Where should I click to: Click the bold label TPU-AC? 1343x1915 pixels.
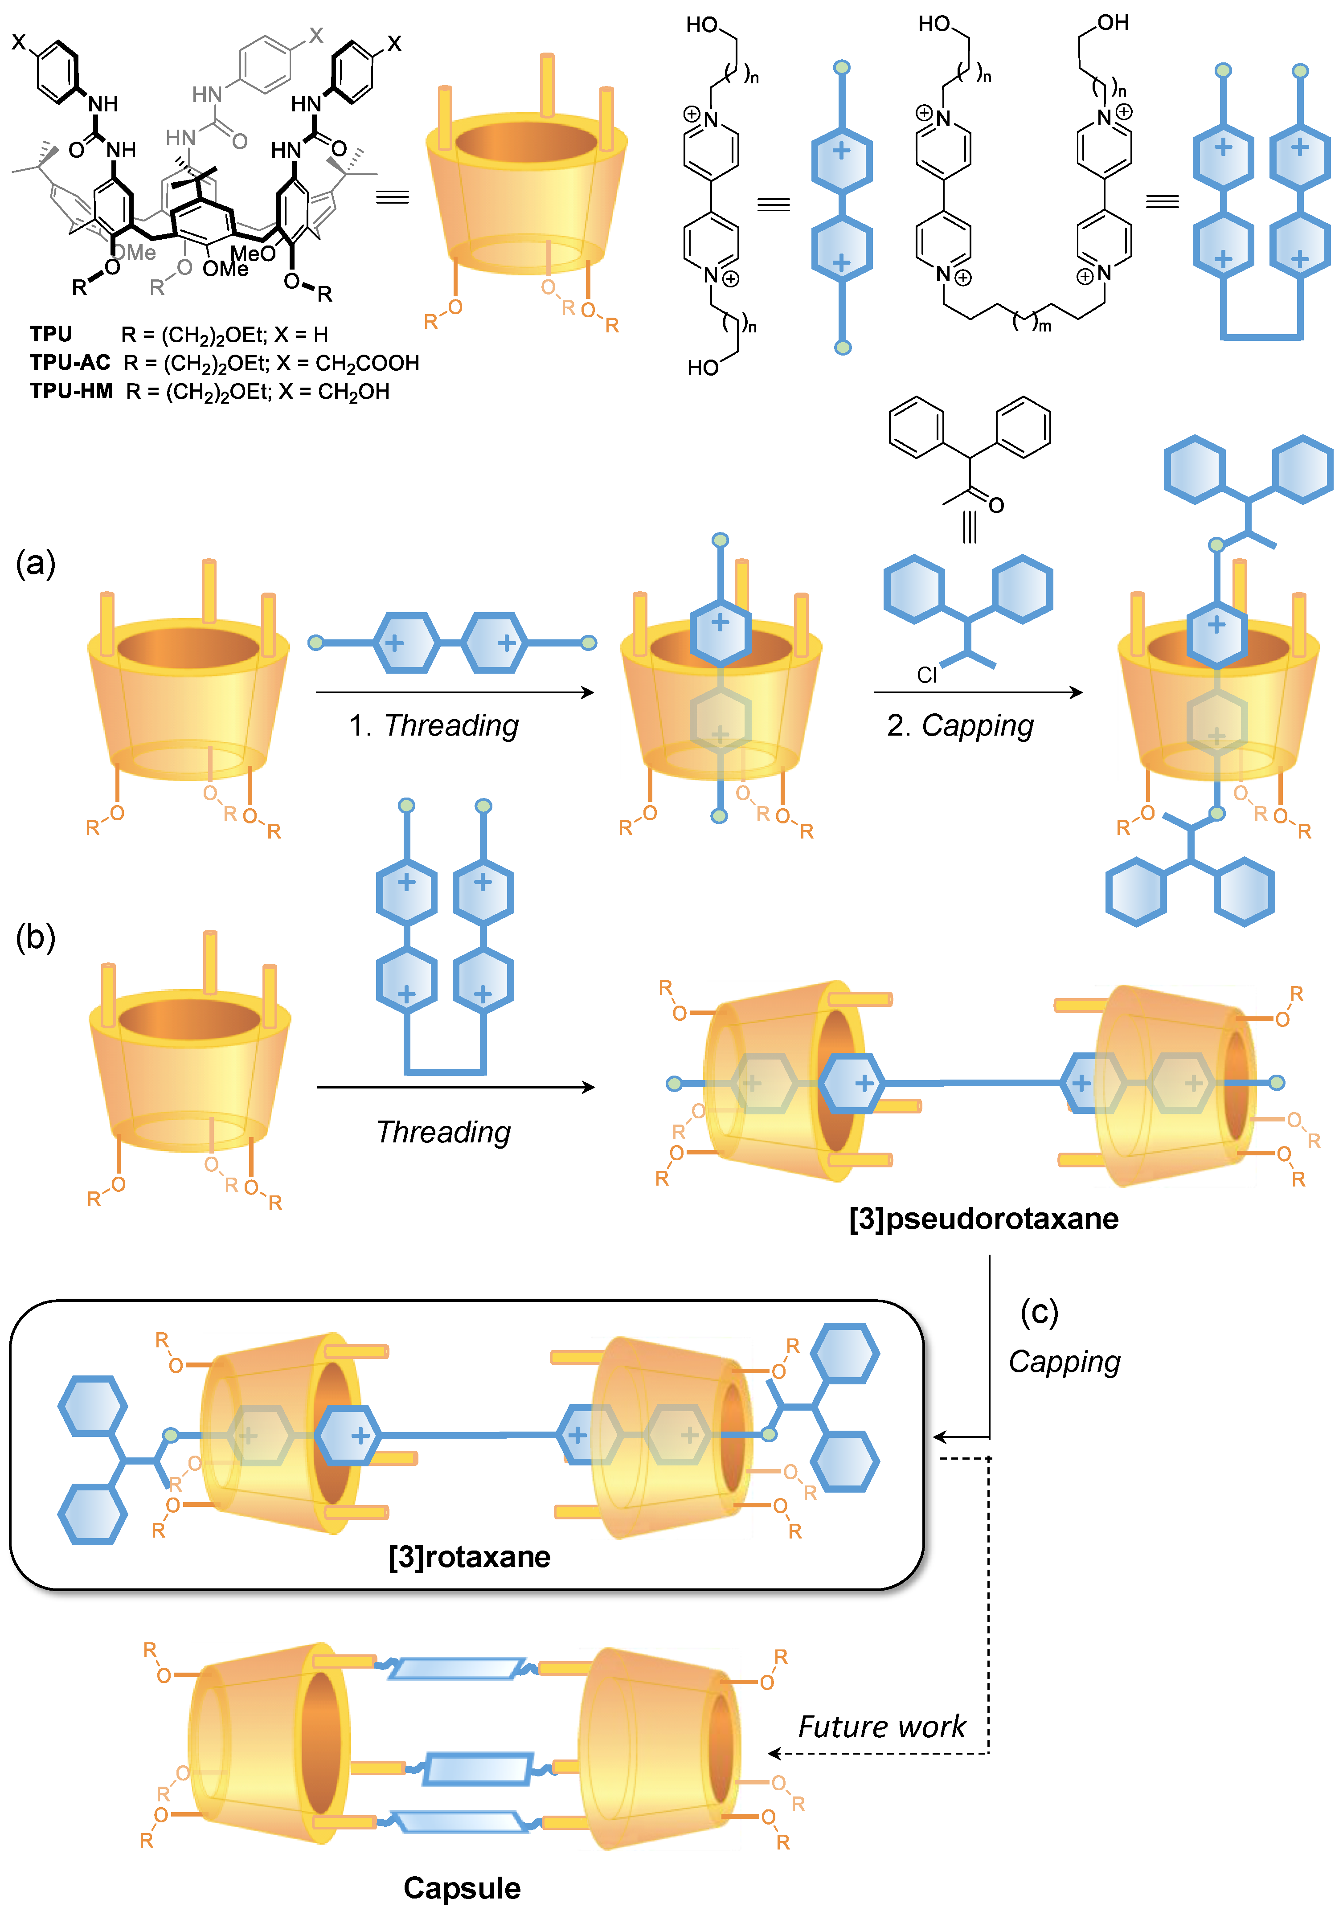70,363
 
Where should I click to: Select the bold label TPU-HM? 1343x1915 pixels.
71,391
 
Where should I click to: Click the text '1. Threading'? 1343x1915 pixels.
433,726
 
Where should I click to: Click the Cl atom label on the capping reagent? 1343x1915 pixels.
927,675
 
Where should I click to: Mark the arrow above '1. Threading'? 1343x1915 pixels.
454,692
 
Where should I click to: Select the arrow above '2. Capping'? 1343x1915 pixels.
978,692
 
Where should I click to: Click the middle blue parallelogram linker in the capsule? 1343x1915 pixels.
477,1768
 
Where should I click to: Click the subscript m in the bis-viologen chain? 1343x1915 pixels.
1044,326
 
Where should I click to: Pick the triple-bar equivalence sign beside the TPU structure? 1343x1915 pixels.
392,198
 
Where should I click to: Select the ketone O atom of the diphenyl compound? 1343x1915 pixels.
996,505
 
